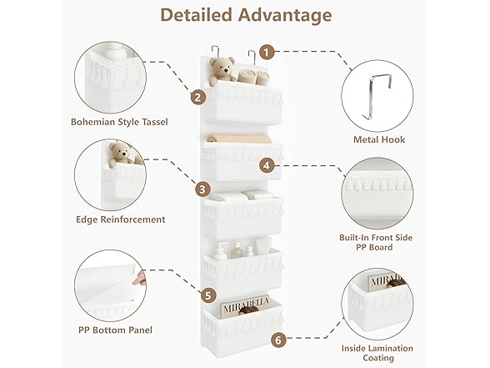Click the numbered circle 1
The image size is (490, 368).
pos(267,52)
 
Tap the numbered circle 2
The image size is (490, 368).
pos(198,98)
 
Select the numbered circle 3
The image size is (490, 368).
pos(202,189)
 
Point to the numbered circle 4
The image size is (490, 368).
pos(267,165)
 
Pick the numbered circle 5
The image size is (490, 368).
pos(208,295)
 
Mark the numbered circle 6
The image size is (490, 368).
pos(278,340)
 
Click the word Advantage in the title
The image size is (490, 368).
pos(285,15)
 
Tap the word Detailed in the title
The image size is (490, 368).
pos(197,15)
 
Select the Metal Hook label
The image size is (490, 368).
pos(379,139)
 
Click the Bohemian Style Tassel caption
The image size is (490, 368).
pos(119,122)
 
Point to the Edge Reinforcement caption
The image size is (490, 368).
pos(121,219)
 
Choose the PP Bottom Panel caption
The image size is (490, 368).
pos(115,330)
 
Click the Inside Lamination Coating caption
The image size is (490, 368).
pos(377,353)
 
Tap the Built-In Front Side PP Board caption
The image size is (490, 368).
pos(376,242)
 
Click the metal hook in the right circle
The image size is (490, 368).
pos(377,97)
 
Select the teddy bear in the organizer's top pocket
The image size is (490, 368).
pos(222,72)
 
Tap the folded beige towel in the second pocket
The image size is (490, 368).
pos(239,139)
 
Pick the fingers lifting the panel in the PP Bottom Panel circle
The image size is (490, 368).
pos(140,278)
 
